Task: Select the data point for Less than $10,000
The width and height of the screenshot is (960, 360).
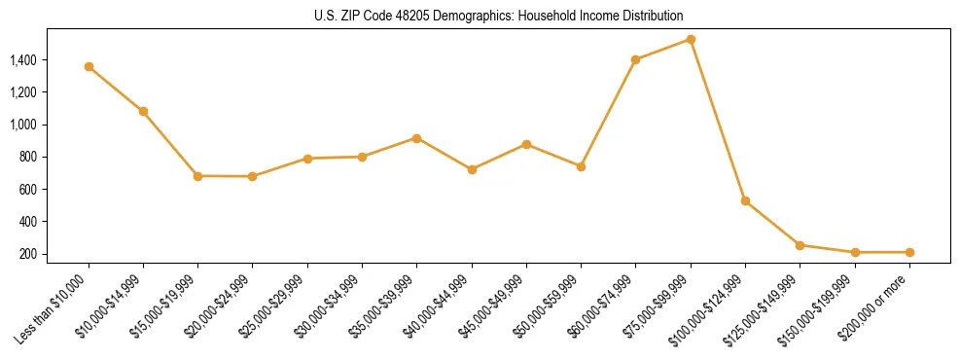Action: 89,66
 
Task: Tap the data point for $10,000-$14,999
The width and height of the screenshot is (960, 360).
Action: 143,111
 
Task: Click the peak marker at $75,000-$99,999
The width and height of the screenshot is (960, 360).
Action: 691,39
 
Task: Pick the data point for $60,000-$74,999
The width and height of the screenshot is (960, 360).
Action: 635,59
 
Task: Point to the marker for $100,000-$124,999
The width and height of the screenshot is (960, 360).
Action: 745,200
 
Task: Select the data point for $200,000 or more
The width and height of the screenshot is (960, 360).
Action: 909,252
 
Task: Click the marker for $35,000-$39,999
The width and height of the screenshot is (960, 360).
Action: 416,138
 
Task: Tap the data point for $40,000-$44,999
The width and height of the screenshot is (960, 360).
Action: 472,169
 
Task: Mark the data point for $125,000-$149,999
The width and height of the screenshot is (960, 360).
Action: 800,245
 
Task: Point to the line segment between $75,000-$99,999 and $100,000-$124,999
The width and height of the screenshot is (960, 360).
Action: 718,120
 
